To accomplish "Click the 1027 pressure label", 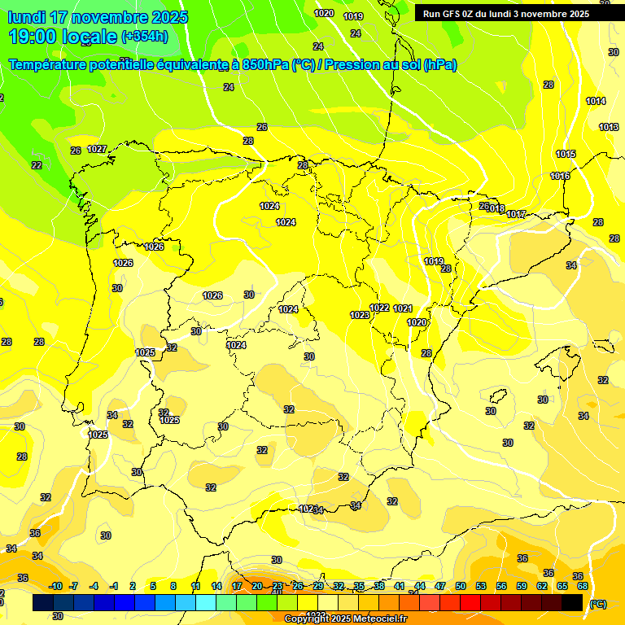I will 97,149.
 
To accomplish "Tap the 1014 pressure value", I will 596,101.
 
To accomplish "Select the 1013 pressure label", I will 609,127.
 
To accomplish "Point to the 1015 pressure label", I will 566,154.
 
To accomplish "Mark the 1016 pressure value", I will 560,176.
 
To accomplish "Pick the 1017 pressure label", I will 516,214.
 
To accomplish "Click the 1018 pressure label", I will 496,209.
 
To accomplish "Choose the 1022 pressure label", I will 379,308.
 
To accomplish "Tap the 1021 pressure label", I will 403,308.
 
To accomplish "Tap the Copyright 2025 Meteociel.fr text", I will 345,619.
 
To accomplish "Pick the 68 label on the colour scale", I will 583,586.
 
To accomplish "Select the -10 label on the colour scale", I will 55,586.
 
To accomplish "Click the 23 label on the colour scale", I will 278,586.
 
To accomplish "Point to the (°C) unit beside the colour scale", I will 598,604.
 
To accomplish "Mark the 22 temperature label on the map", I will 37,165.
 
